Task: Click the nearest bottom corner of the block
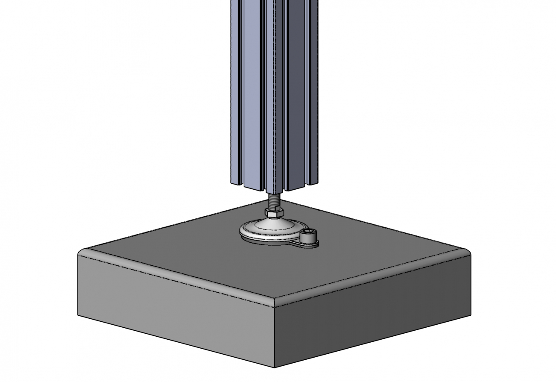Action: click(x=274, y=367)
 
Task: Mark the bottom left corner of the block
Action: click(x=78, y=315)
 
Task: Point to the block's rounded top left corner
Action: click(x=81, y=253)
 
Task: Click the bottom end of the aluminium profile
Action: click(x=274, y=189)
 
